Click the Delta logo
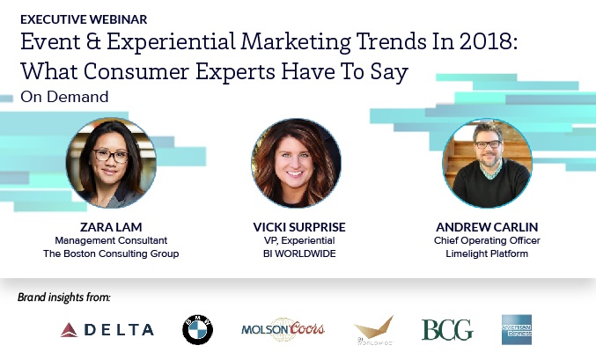(x=107, y=329)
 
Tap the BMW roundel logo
(x=197, y=329)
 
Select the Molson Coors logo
(x=283, y=329)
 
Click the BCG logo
(x=446, y=329)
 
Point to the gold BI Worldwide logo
(x=372, y=328)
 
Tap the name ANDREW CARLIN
(x=486, y=226)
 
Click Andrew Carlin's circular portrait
(x=486, y=163)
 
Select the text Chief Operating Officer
(x=486, y=240)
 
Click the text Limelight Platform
(x=486, y=254)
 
